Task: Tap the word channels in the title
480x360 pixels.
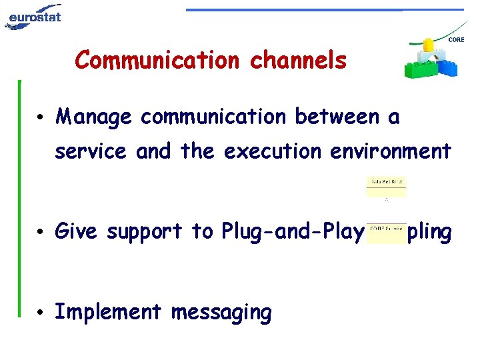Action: (x=298, y=60)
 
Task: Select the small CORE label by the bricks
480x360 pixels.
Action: (x=457, y=40)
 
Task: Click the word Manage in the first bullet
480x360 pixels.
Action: (x=94, y=118)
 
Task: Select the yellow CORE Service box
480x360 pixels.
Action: (x=386, y=232)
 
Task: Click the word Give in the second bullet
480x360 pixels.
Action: (x=77, y=232)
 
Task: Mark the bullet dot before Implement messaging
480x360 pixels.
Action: (x=41, y=313)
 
